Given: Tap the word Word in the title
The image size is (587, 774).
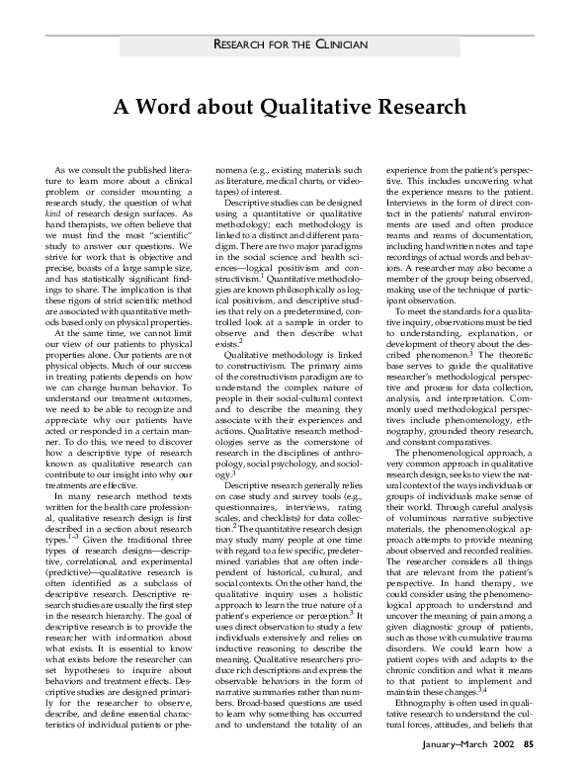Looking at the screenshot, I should tap(169, 106).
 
